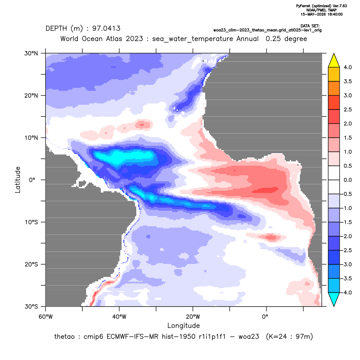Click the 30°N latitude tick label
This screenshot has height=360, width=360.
[x=31, y=53]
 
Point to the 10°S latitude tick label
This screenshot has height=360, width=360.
[x=31, y=222]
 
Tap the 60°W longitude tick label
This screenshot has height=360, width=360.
[x=45, y=317]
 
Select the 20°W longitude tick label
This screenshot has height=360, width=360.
[x=193, y=317]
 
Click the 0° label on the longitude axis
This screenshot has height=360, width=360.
[x=265, y=317]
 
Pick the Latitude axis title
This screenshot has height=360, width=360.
[x=18, y=180]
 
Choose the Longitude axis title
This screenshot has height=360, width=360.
[x=183, y=325]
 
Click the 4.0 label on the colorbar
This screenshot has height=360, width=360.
[x=347, y=67]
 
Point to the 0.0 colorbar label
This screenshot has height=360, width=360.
[x=347, y=180]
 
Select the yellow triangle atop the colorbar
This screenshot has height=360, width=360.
[x=334, y=61]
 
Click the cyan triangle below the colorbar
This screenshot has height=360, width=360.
[x=334, y=299]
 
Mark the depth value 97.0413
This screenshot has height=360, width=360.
[x=106, y=29]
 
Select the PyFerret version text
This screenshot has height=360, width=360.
[x=321, y=6]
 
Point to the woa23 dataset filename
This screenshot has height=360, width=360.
[x=267, y=30]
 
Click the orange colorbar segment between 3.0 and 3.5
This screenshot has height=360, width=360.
[x=334, y=88]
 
